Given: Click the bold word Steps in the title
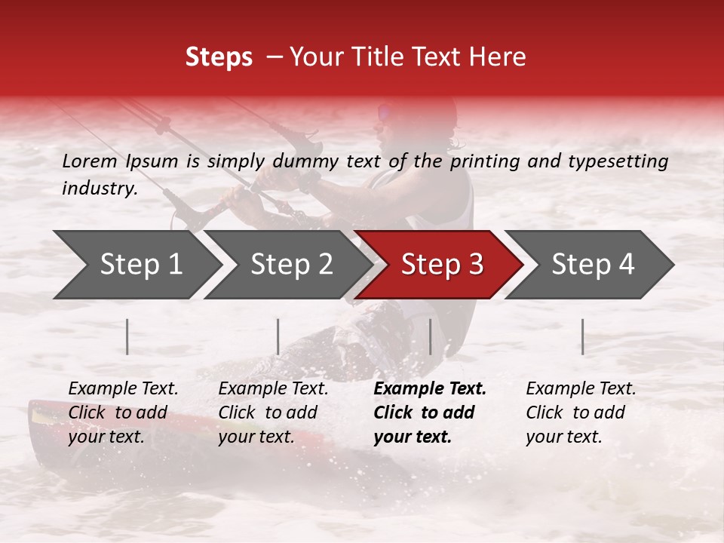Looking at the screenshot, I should (x=219, y=57).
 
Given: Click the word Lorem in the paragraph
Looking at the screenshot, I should (x=89, y=161).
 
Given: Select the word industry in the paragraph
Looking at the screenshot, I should (x=99, y=189).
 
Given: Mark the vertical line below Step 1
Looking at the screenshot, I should (x=127, y=336).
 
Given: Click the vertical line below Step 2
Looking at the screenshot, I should (x=278, y=336).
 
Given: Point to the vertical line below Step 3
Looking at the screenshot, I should (x=430, y=336).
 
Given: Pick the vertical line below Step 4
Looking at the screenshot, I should (x=582, y=336).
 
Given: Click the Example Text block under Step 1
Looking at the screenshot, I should (x=123, y=413).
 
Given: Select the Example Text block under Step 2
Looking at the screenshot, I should (x=273, y=413).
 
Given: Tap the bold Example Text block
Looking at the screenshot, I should (x=430, y=413).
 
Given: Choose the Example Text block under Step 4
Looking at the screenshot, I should (x=581, y=413).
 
